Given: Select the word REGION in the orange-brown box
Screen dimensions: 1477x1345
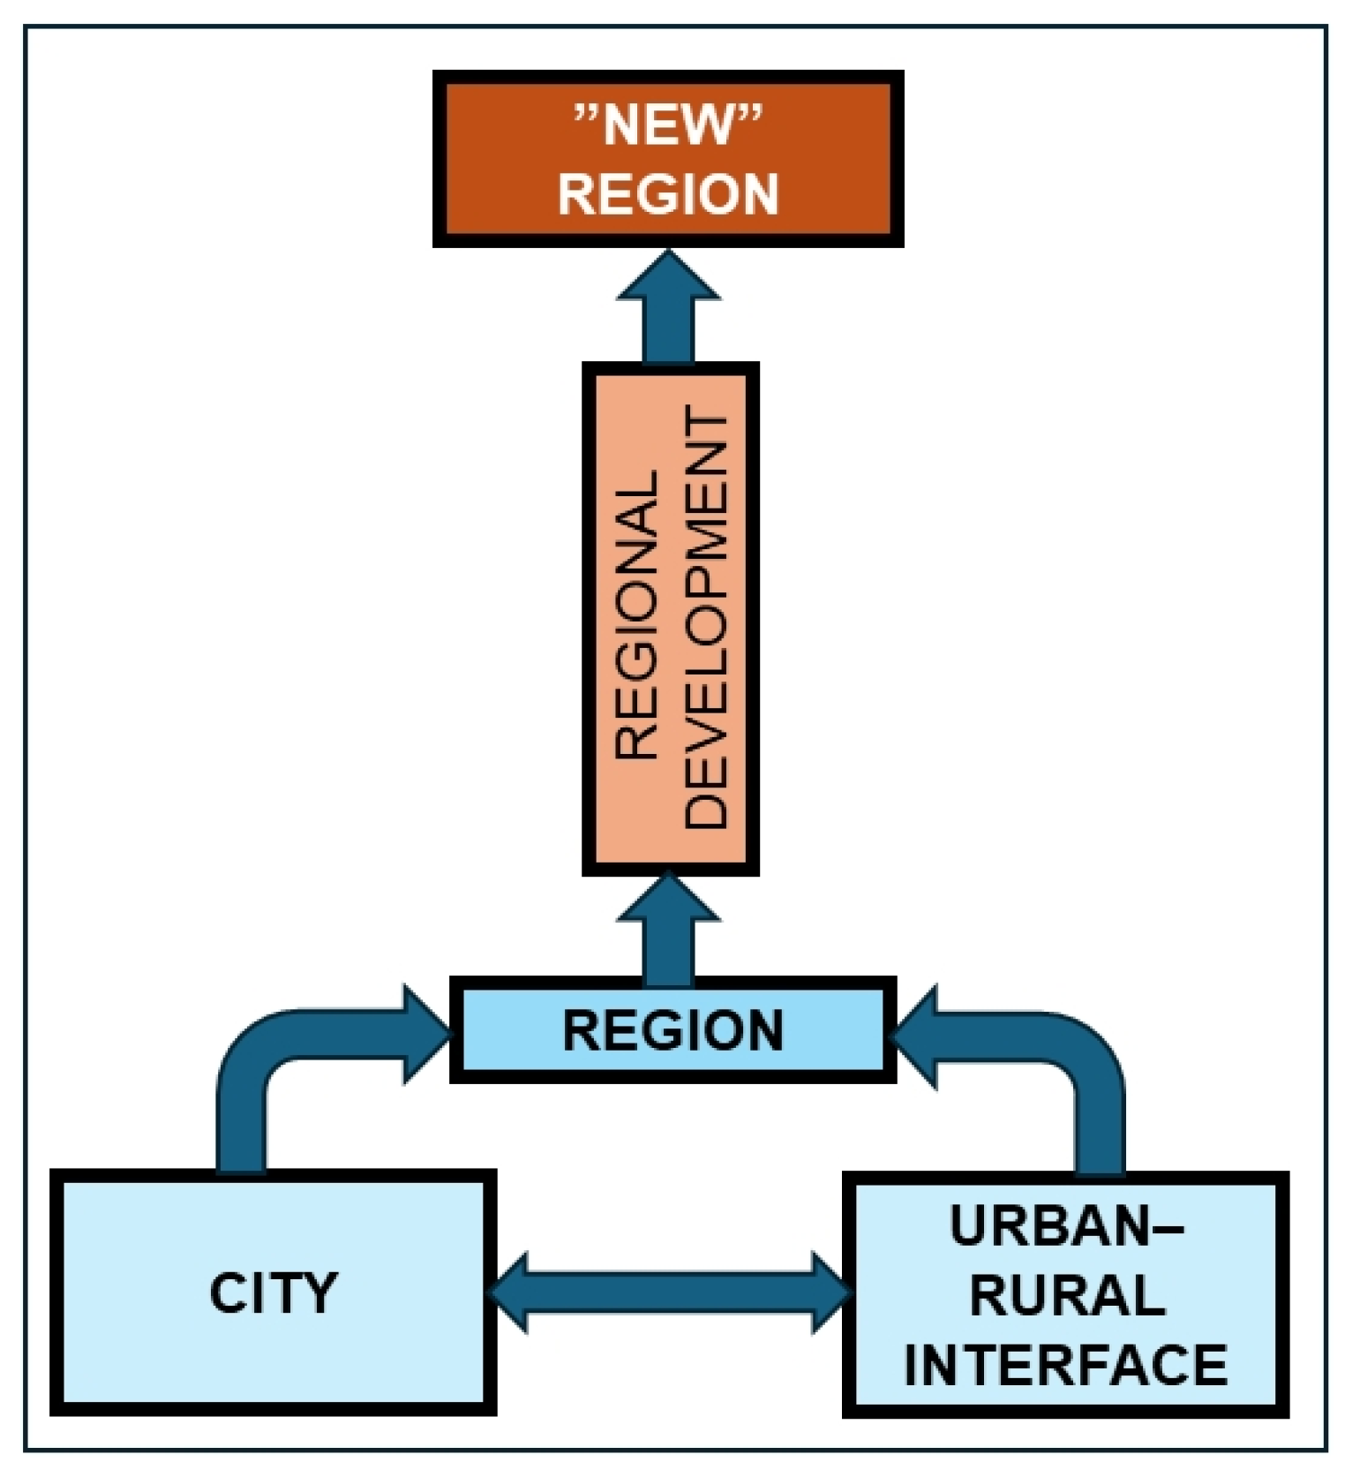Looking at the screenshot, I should pos(668,193).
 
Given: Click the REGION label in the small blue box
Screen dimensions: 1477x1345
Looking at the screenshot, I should pos(672,1030).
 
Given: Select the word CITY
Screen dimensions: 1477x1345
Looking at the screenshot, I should pos(274,1293).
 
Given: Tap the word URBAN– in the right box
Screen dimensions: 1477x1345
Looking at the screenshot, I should pos(1066,1226).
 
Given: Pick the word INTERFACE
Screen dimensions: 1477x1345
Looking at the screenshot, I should pos(1066,1364).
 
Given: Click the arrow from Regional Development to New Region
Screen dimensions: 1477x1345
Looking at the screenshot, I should pos(668,309).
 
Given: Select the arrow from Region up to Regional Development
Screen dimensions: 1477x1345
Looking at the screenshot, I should pos(668,931).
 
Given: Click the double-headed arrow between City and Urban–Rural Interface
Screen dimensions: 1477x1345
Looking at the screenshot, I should pos(668,1292).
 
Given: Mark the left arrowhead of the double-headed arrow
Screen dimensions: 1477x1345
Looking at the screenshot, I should pos(509,1292).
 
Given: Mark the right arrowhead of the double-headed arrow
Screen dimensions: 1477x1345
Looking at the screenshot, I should pos(830,1292).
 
